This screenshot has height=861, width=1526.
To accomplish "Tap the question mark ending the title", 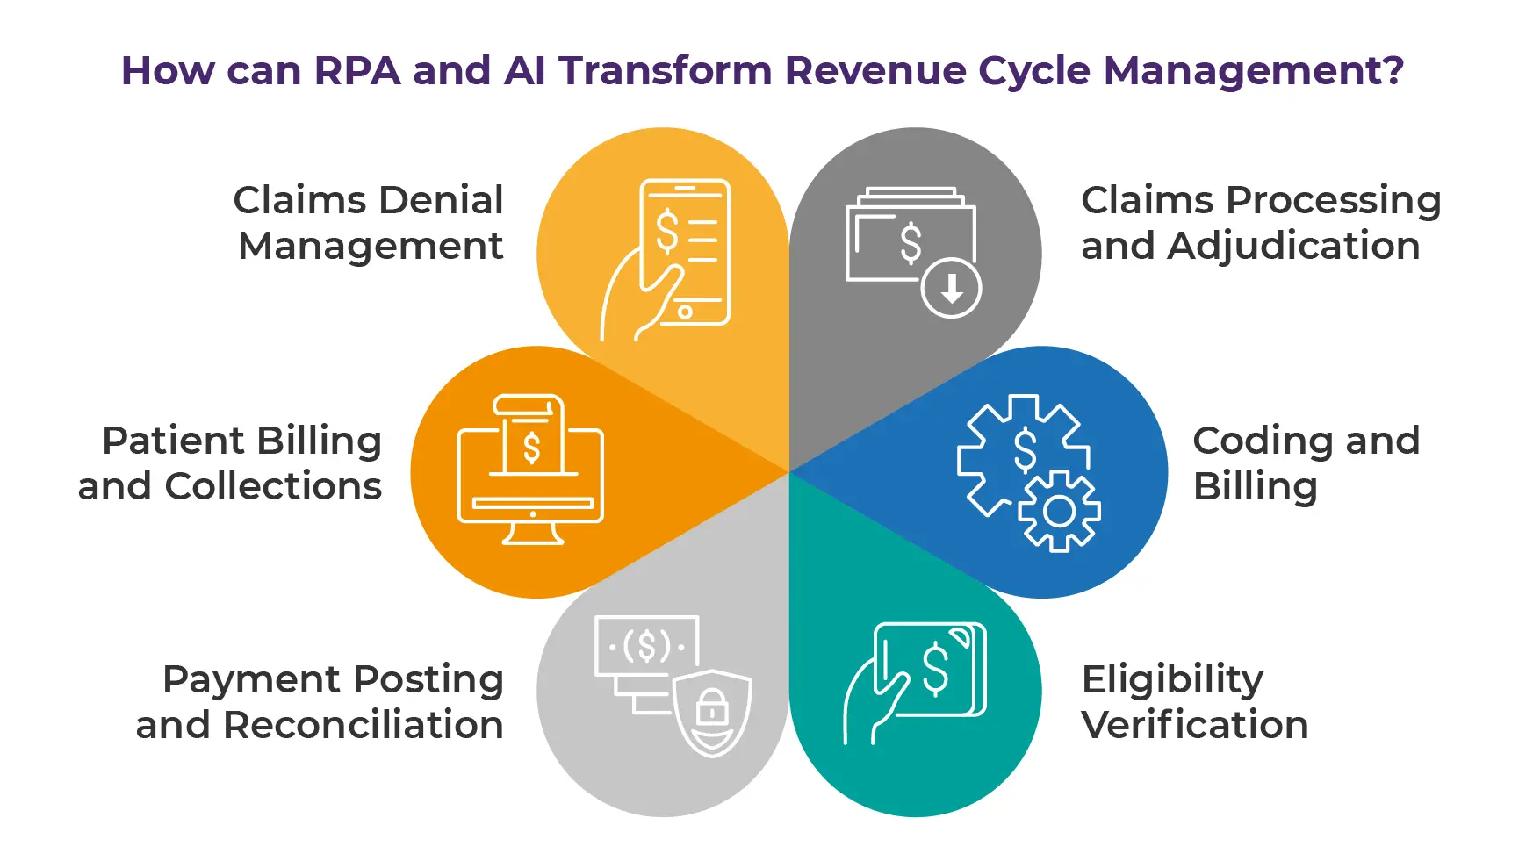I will (1392, 70).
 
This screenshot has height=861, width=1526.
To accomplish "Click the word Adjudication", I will (1293, 246).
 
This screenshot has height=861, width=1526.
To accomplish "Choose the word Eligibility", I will (1171, 679).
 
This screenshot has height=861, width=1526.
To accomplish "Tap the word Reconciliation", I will (363, 725).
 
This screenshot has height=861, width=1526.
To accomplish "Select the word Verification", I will (1194, 725).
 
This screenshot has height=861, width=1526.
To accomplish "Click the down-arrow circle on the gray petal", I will (951, 288).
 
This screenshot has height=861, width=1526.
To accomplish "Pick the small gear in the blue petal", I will (1059, 512).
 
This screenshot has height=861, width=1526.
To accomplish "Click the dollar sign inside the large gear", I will (1025, 449).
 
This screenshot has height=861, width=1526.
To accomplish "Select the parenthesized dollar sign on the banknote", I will (647, 647).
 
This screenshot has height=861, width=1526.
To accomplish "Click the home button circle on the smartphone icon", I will (685, 312).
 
